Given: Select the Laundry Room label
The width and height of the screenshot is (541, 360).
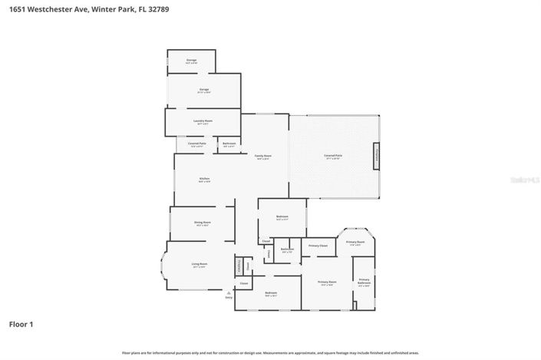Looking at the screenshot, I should click(x=203, y=121).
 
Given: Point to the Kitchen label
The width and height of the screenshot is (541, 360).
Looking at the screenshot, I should click(x=204, y=180).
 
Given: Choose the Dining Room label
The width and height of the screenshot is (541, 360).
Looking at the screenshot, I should click(x=203, y=223).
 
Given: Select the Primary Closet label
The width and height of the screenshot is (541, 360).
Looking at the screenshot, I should click(x=318, y=246).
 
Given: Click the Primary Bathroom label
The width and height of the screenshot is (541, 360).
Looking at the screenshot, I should click(x=364, y=281).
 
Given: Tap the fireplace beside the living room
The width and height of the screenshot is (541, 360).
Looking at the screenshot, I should click(x=239, y=266).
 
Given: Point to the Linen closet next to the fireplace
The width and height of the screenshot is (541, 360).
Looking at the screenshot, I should click(x=248, y=266).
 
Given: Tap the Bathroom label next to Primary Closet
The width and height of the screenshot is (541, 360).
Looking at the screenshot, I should click(x=287, y=249).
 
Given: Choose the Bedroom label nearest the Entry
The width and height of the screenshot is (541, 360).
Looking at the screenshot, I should click(x=271, y=294).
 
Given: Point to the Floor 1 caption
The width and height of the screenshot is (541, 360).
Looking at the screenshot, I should click(x=21, y=324).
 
